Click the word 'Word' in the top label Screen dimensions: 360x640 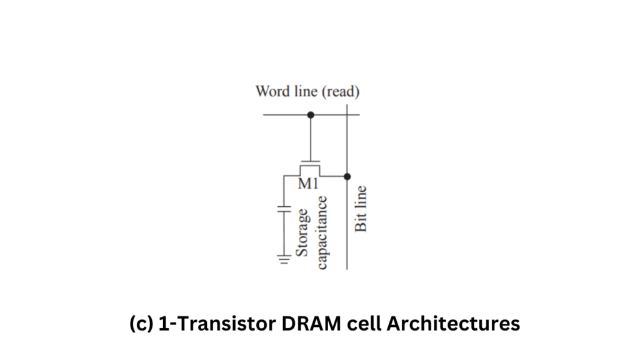point(272,92)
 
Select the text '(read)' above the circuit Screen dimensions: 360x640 point(341,92)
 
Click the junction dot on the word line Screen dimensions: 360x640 point(311,115)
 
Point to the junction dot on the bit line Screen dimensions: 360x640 point(347,177)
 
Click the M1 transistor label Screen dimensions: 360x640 point(310,186)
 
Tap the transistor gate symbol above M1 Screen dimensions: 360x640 point(311,162)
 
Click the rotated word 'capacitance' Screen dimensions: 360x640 point(322,232)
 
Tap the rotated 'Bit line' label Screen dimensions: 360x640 point(361,209)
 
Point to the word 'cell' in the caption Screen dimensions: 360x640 point(339,324)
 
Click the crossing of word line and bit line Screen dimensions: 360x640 point(347,115)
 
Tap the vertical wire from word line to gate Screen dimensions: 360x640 point(311,137)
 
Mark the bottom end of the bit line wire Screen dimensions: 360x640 point(347,268)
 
